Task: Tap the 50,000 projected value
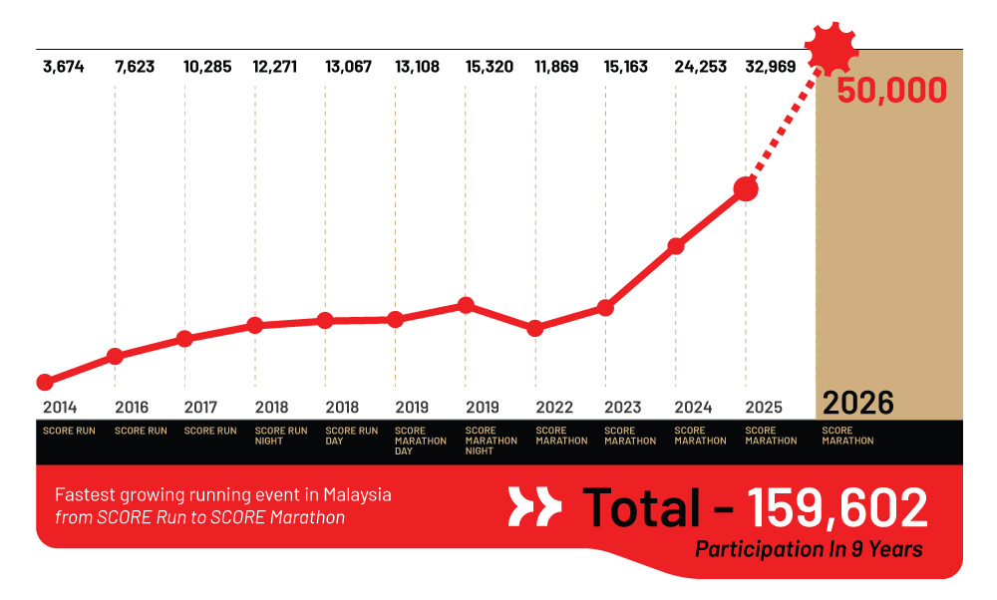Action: coord(891,91)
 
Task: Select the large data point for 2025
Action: coord(746,188)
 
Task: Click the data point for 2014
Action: coord(45,382)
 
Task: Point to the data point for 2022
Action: coord(535,328)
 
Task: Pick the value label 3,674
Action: coord(64,68)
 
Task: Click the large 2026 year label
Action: coord(858,403)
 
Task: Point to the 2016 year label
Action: coord(132,408)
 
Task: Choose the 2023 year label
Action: coord(622,408)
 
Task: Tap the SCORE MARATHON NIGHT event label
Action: coord(491,441)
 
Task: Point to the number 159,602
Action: coord(837,507)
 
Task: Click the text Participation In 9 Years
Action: coord(809,549)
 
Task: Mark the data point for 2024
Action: coord(676,246)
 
